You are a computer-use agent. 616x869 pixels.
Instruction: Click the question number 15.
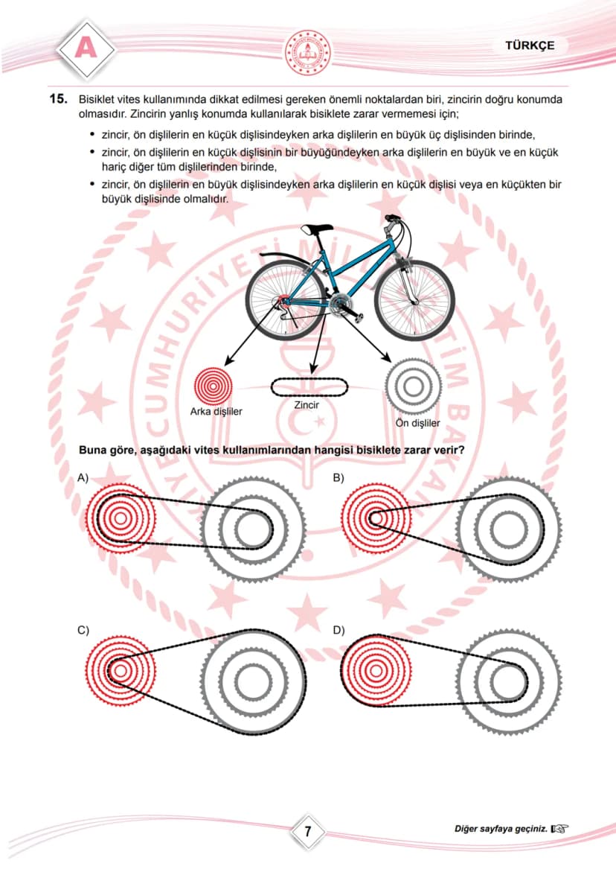click(x=58, y=99)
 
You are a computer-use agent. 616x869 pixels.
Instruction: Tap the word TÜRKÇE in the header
click(x=529, y=45)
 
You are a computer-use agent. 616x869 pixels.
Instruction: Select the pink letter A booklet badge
click(x=86, y=48)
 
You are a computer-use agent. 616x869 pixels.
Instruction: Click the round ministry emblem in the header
click(x=308, y=53)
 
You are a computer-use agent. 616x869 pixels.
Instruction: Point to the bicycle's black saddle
click(x=316, y=229)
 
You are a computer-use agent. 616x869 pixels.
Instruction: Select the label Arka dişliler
click(x=216, y=412)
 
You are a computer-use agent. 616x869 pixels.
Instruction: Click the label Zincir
click(x=306, y=405)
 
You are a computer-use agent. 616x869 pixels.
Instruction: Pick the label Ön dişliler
click(x=417, y=423)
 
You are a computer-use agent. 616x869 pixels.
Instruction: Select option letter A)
click(x=83, y=478)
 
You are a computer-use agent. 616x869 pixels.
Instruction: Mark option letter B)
click(x=339, y=478)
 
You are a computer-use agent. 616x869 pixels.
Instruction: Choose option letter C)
click(x=83, y=630)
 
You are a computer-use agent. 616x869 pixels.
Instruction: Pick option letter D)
click(x=339, y=630)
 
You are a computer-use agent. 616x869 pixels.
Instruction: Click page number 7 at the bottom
click(x=308, y=831)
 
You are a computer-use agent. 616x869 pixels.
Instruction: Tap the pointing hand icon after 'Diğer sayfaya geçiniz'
click(x=559, y=830)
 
